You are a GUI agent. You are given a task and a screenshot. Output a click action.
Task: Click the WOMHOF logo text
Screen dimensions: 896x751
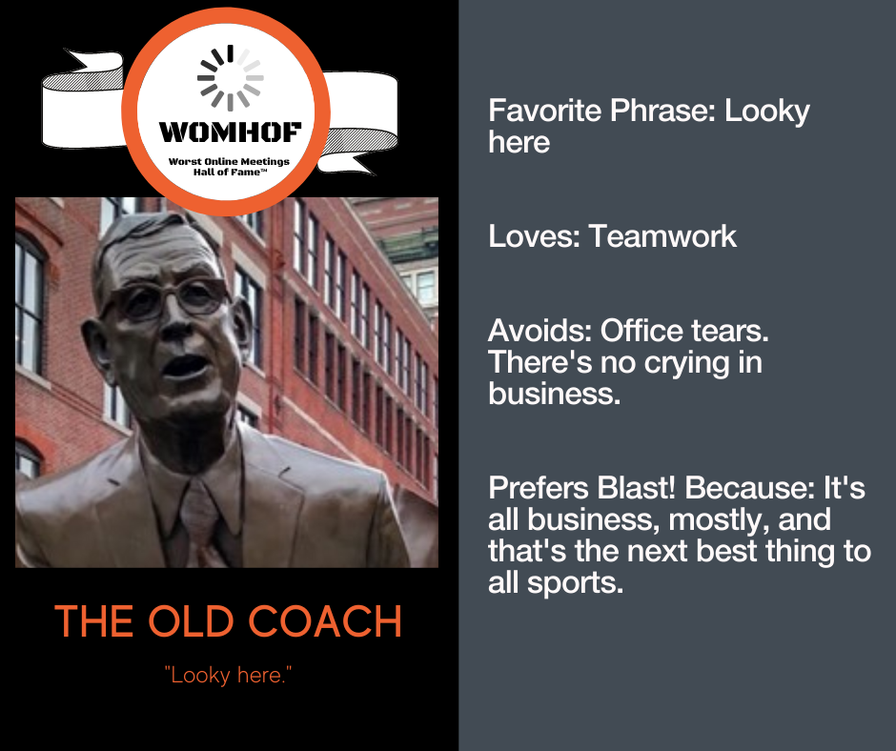(230, 132)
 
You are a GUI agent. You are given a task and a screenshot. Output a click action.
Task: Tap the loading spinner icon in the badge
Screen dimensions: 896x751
(231, 78)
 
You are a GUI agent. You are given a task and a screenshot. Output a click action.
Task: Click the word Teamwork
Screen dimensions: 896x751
(662, 236)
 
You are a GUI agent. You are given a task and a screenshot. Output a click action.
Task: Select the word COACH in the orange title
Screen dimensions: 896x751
(325, 621)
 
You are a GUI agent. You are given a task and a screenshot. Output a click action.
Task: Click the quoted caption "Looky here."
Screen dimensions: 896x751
(228, 675)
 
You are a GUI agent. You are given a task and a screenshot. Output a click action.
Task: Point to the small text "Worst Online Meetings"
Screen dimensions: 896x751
(229, 162)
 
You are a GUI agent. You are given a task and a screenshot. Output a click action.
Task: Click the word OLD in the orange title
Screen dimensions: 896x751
(191, 621)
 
